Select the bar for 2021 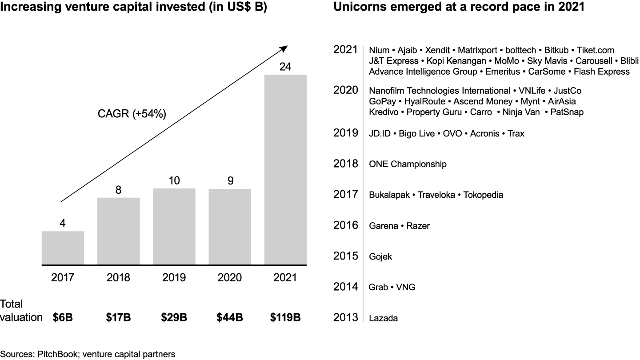tap(285, 170)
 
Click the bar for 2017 tap(63, 248)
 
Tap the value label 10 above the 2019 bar tap(174, 181)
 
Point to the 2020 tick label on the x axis tap(230, 278)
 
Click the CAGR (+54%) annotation tap(132, 114)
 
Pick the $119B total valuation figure tap(285, 318)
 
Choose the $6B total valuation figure tap(63, 318)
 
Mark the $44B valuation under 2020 tap(230, 318)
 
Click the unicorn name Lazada tap(383, 318)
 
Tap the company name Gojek tap(380, 257)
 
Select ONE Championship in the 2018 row tap(408, 164)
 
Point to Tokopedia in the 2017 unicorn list tap(483, 195)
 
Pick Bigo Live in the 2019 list tap(417, 134)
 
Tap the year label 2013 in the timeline tap(346, 318)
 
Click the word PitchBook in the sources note tap(56, 354)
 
